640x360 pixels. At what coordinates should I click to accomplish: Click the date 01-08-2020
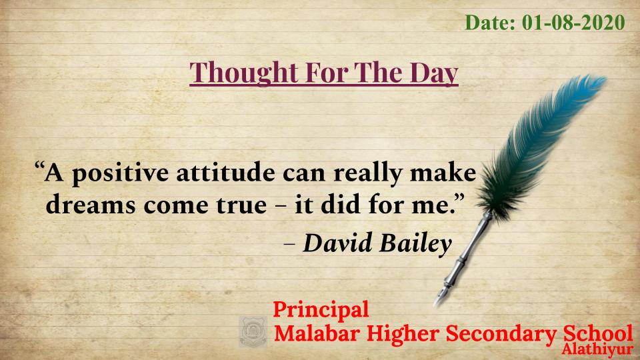pyautogui.click(x=573, y=23)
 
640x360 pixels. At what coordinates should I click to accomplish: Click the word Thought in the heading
pyautogui.click(x=244, y=73)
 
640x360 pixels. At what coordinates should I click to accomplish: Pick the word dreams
pyautogui.click(x=91, y=204)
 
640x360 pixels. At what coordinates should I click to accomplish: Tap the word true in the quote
pyautogui.click(x=241, y=205)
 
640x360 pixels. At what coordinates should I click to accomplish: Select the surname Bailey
pyautogui.click(x=416, y=244)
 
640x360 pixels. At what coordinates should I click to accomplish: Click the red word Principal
pyautogui.click(x=321, y=309)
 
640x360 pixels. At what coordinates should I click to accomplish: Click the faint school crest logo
pyautogui.click(x=253, y=331)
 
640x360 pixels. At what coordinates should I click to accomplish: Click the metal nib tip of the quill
pyautogui.click(x=436, y=303)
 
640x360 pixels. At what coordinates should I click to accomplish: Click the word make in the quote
pyautogui.click(x=443, y=173)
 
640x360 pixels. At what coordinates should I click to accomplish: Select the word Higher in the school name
pyautogui.click(x=403, y=334)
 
